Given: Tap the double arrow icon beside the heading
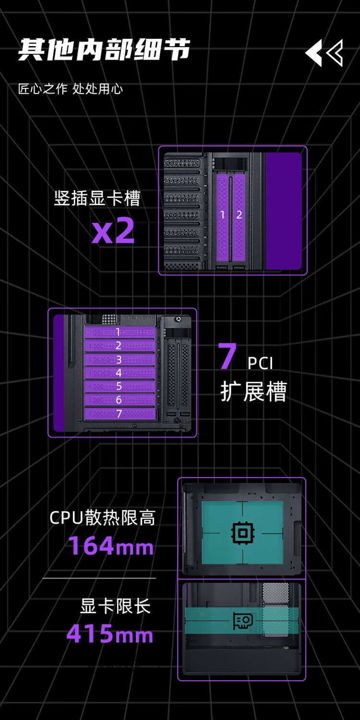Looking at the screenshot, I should tap(324, 53).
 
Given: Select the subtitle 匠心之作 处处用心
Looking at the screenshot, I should tap(71, 89).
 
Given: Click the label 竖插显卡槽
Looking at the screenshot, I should tap(97, 198).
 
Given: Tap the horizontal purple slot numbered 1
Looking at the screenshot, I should tap(119, 332).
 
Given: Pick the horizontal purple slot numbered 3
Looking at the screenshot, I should tap(119, 360).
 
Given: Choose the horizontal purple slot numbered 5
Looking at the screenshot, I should tap(119, 386).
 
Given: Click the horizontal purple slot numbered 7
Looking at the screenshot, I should tap(119, 413).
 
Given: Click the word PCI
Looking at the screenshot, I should tap(261, 363).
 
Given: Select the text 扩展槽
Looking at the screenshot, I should tap(253, 392).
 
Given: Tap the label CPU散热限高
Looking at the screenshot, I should tap(102, 518).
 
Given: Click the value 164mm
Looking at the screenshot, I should tap(110, 546).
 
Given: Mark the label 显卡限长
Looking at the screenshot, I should tap(115, 607).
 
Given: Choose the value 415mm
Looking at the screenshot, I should tap(109, 634).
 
